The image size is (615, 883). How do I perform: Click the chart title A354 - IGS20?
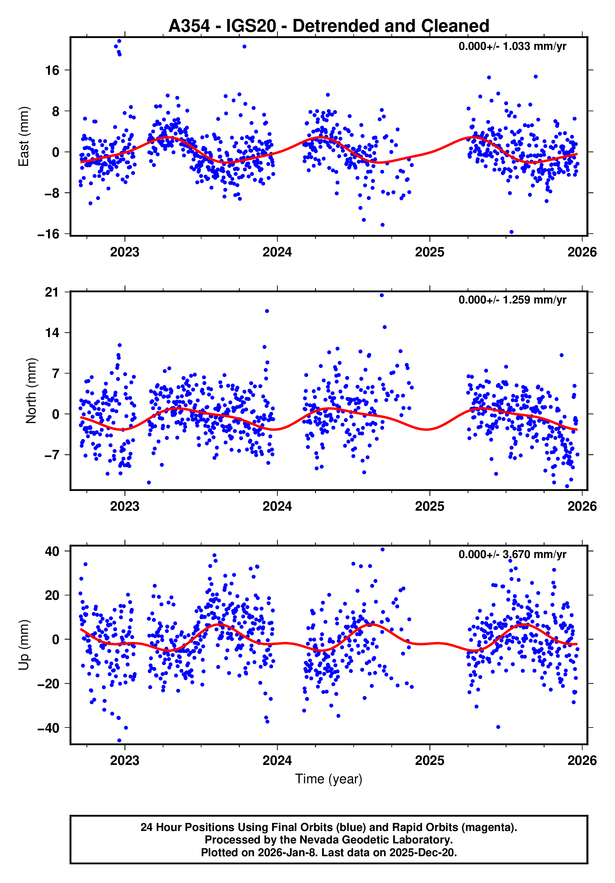[x=329, y=26]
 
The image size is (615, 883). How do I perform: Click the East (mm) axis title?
[x=24, y=136]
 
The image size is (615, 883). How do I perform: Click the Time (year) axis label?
[x=329, y=779]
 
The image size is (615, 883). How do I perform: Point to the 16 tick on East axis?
[x=52, y=70]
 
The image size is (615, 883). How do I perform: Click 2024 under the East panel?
[x=277, y=252]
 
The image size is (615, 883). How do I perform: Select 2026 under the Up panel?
[x=582, y=760]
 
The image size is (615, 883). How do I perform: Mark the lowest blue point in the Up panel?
[x=119, y=741]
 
